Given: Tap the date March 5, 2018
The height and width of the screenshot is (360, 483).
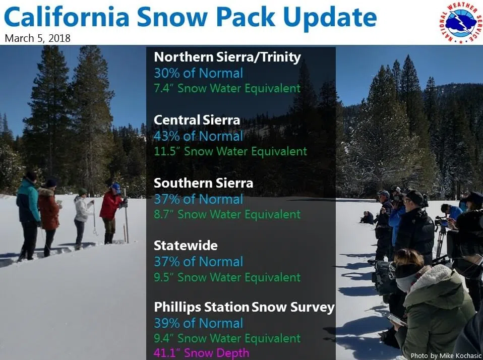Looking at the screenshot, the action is (38, 38).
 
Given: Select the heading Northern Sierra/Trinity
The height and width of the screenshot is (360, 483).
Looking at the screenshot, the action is (227, 57).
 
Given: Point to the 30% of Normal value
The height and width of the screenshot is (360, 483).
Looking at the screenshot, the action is (198, 73).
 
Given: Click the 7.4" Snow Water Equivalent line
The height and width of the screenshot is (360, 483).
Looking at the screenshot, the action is (227, 88).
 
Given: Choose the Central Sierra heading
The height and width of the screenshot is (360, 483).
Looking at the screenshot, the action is (197, 120).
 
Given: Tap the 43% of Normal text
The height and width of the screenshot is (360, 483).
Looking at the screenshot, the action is (198, 136).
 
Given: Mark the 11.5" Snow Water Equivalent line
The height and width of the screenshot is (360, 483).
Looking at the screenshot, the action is (230, 151).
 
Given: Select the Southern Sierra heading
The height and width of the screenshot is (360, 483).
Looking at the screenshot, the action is (203, 183).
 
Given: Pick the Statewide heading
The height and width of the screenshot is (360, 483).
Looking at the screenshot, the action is (186, 246).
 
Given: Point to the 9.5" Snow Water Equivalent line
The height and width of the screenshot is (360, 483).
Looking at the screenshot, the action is (227, 277).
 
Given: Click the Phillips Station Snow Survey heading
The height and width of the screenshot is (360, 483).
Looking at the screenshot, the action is (244, 308).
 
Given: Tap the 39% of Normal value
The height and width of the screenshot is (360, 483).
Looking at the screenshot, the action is (198, 323).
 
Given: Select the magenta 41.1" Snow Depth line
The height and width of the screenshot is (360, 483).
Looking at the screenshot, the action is (202, 352).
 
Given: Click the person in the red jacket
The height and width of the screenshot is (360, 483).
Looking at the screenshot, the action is (112, 213).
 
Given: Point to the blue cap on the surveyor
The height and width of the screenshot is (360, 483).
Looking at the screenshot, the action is (116, 187).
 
